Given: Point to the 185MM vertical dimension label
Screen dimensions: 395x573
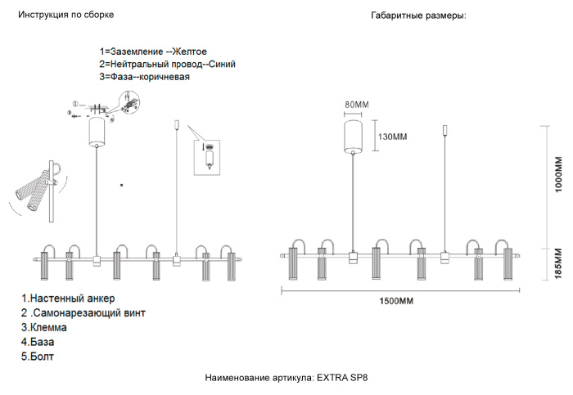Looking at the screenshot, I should pyautogui.click(x=560, y=264).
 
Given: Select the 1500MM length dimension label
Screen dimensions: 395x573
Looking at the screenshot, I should pyautogui.click(x=396, y=301).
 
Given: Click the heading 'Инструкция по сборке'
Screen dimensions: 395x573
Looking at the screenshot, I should pyautogui.click(x=66, y=16).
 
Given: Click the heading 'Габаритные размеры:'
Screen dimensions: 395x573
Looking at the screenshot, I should pyautogui.click(x=418, y=16).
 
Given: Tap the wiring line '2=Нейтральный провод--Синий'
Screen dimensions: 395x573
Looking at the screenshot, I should pyautogui.click(x=167, y=64).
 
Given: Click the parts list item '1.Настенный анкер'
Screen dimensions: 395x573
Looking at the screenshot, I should pyautogui.click(x=68, y=298).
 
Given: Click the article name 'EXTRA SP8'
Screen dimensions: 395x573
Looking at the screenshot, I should pyautogui.click(x=342, y=378).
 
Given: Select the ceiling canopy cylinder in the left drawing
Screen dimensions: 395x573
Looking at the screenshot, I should pyautogui.click(x=97, y=132).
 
